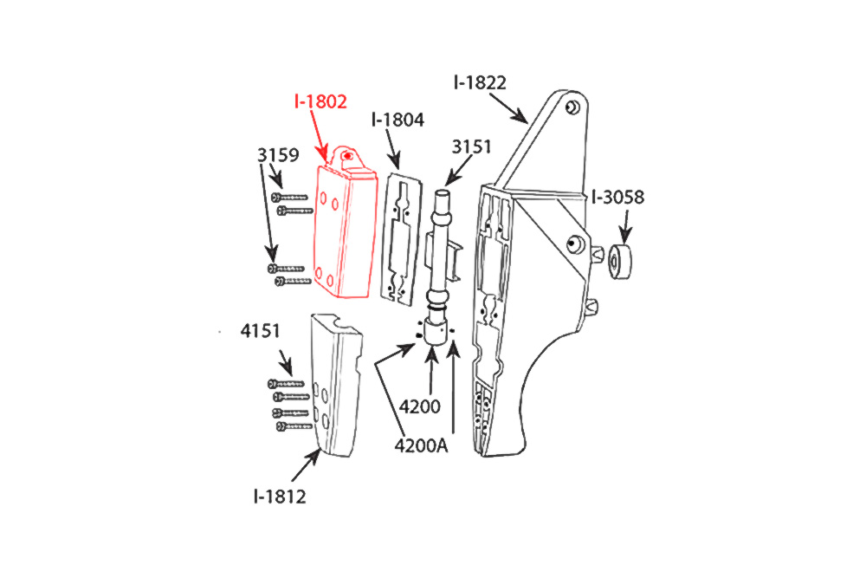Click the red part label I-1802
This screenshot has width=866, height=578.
(320, 101)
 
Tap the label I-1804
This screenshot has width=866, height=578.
(397, 120)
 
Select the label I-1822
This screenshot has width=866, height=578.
(480, 83)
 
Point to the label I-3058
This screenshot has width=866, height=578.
(617, 198)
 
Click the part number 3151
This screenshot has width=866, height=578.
(471, 147)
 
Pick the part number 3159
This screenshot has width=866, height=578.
(278, 155)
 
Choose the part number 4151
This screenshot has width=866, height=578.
(260, 331)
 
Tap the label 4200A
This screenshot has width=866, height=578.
(421, 445)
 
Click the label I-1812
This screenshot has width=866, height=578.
(280, 497)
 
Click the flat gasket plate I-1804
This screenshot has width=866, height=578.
(402, 239)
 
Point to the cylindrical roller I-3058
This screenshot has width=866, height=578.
(620, 262)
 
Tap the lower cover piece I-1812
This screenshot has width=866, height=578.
(336, 385)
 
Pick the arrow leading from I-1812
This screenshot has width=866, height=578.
(306, 466)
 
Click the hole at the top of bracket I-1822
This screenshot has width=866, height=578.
(573, 107)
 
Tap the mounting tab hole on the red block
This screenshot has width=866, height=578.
(347, 156)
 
